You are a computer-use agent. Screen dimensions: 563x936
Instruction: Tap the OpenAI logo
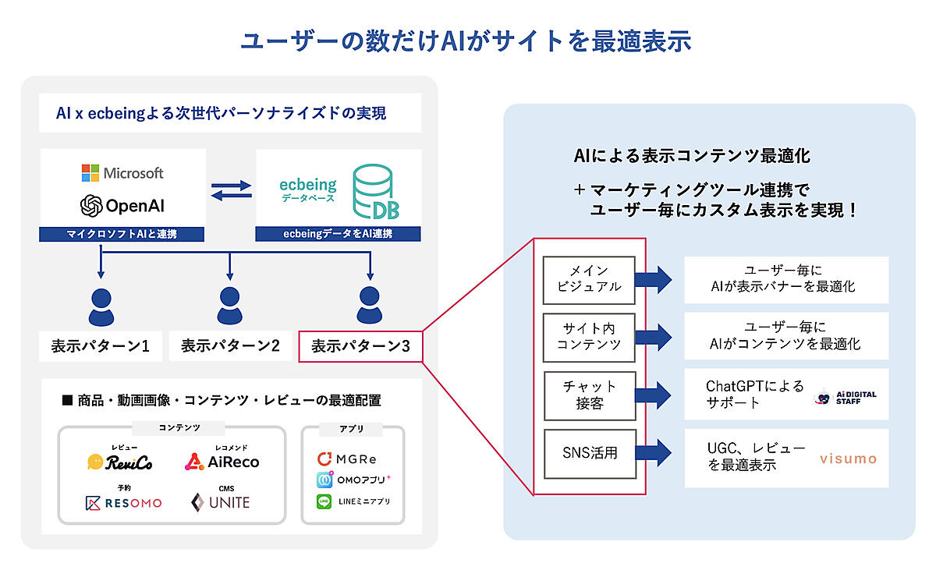92,206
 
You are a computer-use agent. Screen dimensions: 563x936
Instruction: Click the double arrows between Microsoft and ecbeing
231,190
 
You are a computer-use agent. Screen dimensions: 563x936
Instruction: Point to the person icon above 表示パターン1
101,306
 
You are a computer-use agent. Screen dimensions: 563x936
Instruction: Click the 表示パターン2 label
230,345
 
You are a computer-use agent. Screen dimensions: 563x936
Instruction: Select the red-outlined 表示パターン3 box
360,345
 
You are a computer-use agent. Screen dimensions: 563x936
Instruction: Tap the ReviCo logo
120,462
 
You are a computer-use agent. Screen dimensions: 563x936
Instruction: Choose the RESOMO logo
123,503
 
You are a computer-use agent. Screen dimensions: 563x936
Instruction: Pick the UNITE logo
221,503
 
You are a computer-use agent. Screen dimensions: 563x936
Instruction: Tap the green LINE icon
324,502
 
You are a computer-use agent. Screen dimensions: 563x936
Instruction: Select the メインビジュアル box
589,278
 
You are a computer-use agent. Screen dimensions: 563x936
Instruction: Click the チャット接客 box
589,395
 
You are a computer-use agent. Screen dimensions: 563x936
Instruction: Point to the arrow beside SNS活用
653,451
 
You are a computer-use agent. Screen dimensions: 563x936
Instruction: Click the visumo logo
848,459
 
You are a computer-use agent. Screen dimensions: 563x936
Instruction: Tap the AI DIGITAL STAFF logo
846,396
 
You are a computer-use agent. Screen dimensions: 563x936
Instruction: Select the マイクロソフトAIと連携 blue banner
123,234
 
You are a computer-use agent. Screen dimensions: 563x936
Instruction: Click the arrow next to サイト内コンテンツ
653,336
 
